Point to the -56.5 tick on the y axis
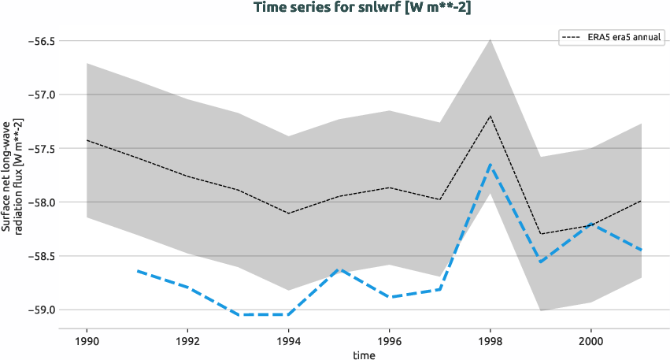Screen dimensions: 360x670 coord(36,40)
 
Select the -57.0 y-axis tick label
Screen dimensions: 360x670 coord(36,95)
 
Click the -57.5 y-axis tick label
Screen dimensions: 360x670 coord(36,148)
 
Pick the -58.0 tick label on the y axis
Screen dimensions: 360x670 coord(36,202)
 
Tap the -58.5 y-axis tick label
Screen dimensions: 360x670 coord(36,256)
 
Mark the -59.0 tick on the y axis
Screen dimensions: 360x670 coord(36,310)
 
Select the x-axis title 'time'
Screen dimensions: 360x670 coord(364,354)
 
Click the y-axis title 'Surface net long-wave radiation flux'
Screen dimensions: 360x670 coord(12,175)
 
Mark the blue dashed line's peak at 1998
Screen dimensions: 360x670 coord(490,165)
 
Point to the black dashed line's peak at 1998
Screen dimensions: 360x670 coord(490,116)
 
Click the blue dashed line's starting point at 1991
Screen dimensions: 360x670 coord(137,271)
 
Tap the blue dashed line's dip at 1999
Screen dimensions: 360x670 coord(541,262)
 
